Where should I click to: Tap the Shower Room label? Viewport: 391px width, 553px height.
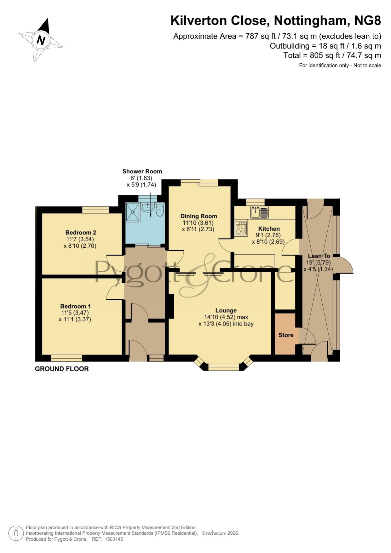142,171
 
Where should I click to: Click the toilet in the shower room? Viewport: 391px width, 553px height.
160,209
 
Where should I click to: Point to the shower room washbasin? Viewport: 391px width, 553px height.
147,207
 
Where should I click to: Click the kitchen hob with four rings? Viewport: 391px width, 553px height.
241,228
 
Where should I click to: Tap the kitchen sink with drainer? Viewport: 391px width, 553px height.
260,212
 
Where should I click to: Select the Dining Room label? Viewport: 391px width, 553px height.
198,216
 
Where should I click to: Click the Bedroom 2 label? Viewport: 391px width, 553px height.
81,233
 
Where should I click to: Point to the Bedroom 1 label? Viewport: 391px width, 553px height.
76,306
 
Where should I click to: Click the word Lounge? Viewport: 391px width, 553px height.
226,310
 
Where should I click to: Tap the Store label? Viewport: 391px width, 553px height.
286,335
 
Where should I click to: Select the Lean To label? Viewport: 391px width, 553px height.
319,256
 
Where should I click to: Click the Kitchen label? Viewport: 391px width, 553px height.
269,229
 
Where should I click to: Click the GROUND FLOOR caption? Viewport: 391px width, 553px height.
62,369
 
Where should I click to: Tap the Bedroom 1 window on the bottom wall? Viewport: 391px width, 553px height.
66,358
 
